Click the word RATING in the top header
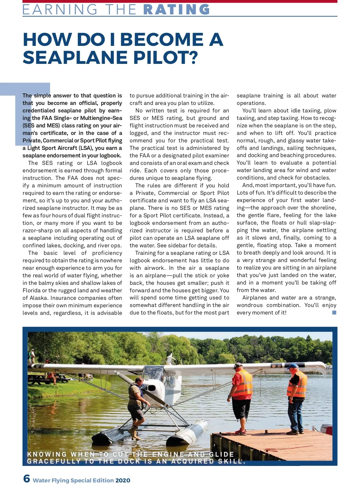click(x=177, y=9)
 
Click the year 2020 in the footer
click(x=123, y=480)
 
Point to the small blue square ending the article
click(x=334, y=312)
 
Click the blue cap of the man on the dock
click(x=292, y=366)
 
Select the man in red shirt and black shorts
click(x=241, y=396)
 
